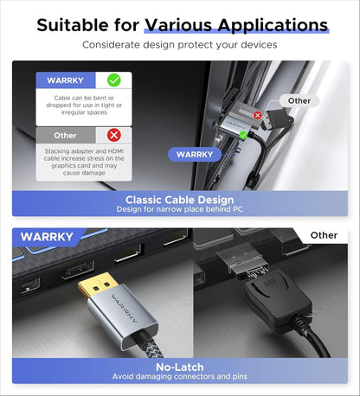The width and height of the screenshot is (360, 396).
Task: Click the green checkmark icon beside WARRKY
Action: [113, 80]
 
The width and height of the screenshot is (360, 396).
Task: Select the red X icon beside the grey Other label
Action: [113, 136]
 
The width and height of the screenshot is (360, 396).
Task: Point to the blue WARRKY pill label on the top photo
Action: [194, 154]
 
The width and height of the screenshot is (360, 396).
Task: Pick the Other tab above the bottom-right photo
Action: [323, 235]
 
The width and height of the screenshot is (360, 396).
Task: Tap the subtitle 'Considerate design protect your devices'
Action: [179, 43]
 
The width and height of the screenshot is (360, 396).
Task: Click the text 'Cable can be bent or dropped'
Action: [84, 101]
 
